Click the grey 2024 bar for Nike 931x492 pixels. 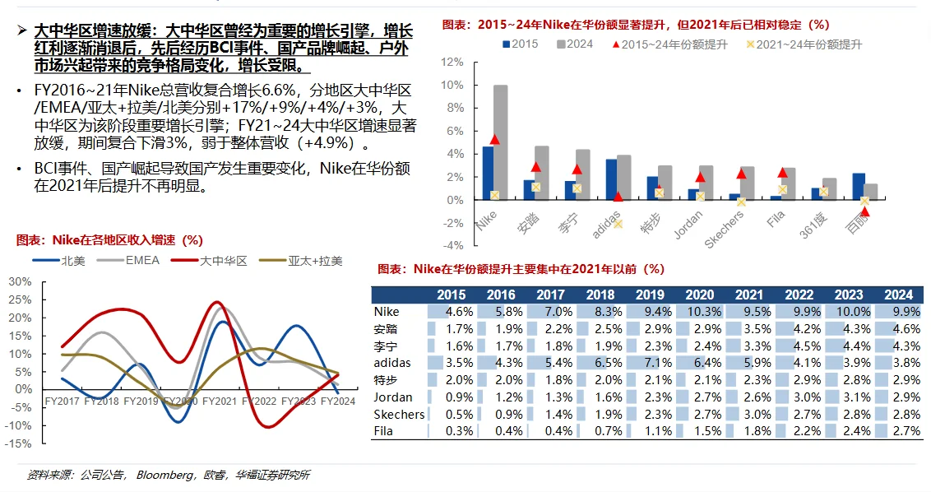click(500, 142)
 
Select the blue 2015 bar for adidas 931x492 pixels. click(611, 179)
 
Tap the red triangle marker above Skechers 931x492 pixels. click(741, 174)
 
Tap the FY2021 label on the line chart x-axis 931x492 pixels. click(220, 401)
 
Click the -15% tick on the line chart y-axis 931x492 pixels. click(19, 443)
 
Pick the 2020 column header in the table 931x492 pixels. click(700, 295)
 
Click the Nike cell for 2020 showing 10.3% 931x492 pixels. click(700, 312)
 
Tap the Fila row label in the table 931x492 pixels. click(383, 431)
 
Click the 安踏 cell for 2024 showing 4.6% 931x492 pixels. click(898, 329)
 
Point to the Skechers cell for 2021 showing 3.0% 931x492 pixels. click(749, 414)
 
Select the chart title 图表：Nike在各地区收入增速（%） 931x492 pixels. click(109, 240)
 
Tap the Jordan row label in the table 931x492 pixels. click(392, 397)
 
